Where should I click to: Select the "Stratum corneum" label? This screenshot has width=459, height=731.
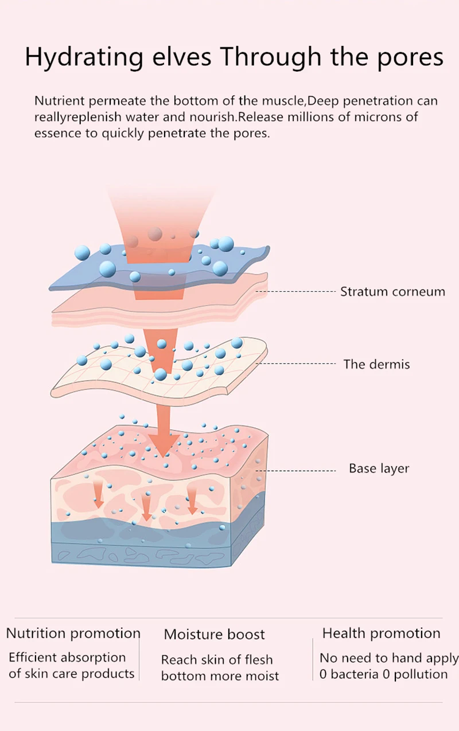[x=392, y=291]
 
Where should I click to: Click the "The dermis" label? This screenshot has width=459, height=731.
[x=376, y=364]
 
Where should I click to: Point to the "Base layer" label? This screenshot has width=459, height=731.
[x=379, y=468]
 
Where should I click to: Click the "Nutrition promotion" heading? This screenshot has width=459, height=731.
[x=73, y=633]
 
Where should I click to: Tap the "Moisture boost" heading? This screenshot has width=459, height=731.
[x=214, y=634]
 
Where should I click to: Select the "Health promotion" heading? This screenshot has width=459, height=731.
[x=381, y=633]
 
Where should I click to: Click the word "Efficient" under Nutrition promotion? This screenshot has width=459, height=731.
[x=33, y=657]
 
